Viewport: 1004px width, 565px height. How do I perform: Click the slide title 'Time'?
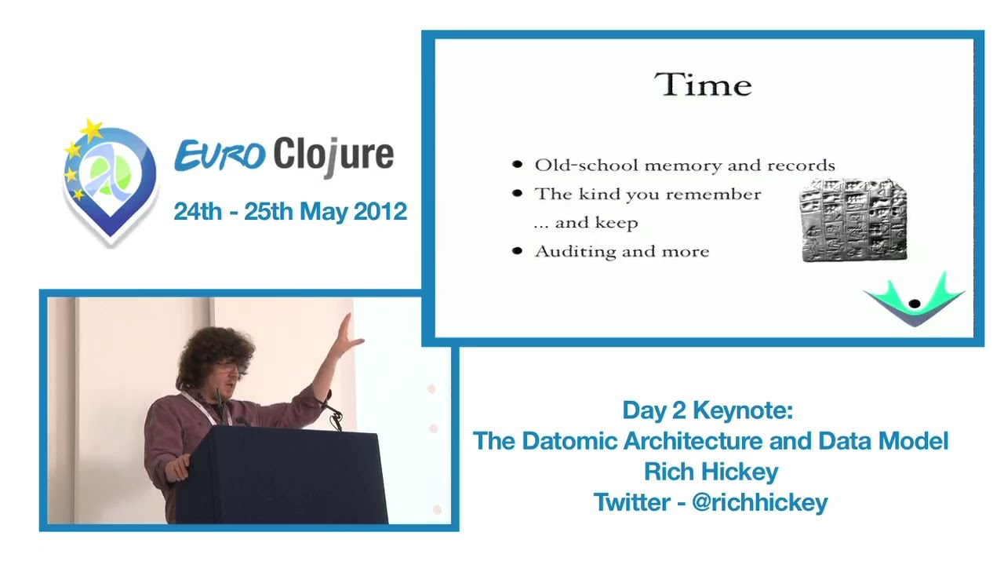(703, 85)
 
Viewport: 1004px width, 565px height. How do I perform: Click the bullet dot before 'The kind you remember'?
(517, 193)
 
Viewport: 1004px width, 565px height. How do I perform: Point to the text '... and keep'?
(586, 223)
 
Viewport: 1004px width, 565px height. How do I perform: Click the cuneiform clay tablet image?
(853, 221)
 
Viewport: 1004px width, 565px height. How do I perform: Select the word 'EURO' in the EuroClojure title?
(220, 155)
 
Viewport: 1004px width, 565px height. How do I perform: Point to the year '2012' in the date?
(380, 211)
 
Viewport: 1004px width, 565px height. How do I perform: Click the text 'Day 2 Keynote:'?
(708, 410)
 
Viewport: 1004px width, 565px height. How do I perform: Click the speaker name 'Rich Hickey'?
(711, 472)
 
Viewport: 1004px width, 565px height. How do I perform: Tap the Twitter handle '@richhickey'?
(760, 502)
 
